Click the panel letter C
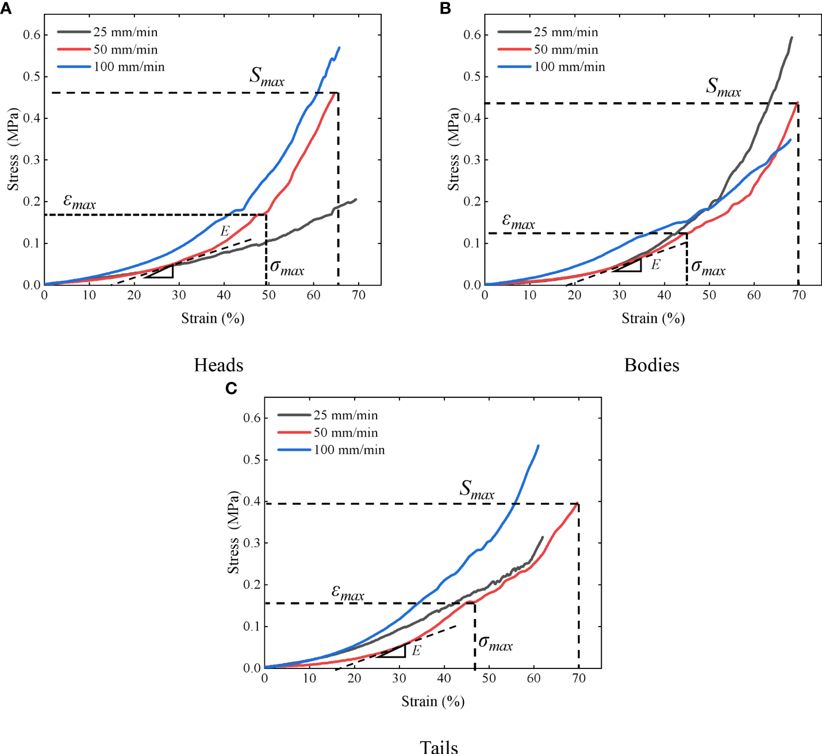tap(231, 389)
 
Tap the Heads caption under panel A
tap(218, 365)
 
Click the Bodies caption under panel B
tap(652, 365)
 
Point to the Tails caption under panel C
tap(439, 747)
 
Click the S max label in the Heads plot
tap(267, 76)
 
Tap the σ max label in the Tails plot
tap(495, 643)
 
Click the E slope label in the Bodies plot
tap(655, 265)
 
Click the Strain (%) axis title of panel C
tap(433, 701)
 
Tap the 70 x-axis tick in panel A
tap(358, 295)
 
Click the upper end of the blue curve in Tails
tap(538, 446)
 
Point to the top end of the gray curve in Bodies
tap(792, 38)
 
